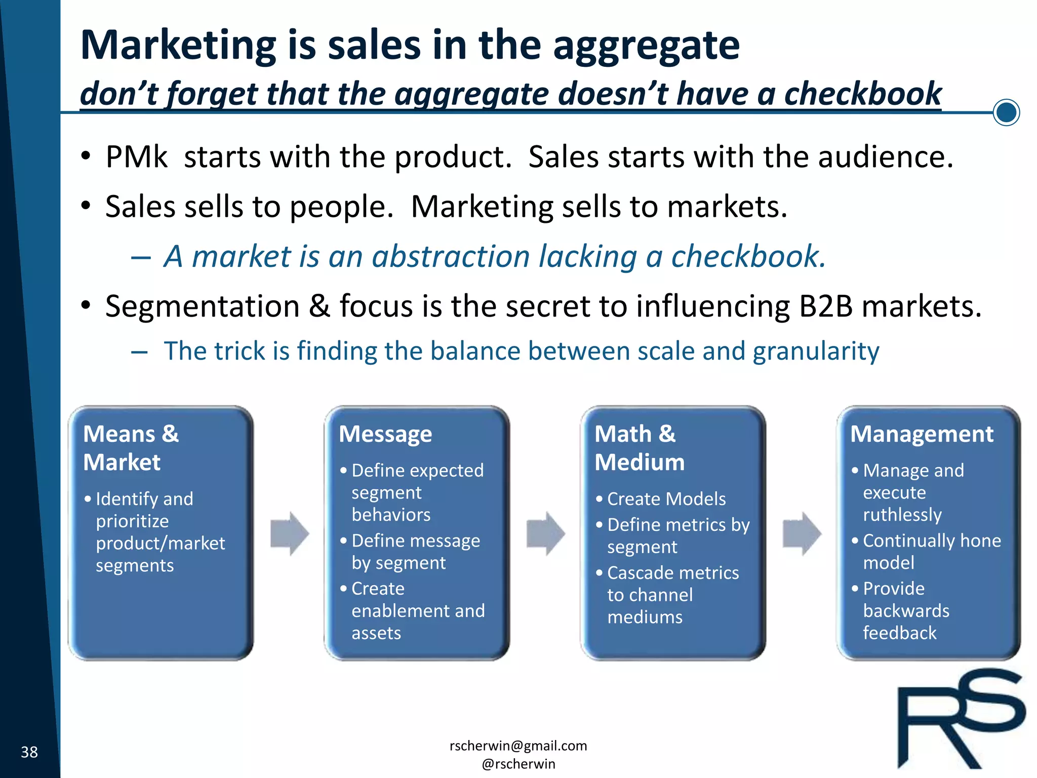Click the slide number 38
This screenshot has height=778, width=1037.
tap(29, 752)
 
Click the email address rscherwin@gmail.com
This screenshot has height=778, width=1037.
tap(518, 746)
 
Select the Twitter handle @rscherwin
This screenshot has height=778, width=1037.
tap(518, 764)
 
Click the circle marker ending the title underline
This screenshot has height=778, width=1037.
tap(1006, 112)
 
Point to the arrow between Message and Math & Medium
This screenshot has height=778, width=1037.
tap(546, 533)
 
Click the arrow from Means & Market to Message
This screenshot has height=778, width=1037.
tap(290, 533)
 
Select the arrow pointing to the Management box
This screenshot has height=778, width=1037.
tap(802, 533)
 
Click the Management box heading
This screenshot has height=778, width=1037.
tap(922, 435)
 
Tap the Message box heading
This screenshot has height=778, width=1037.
tap(385, 435)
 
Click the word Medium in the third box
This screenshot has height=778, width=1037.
tap(640, 462)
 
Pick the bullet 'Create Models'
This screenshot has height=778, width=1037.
tap(666, 499)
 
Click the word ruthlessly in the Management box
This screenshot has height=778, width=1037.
tap(902, 515)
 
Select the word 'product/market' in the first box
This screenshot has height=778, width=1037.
tap(161, 543)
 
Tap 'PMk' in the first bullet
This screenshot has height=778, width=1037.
tap(136, 157)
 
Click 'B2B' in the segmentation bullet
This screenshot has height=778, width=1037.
tap(826, 306)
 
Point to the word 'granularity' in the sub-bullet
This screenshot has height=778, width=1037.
tap(816, 351)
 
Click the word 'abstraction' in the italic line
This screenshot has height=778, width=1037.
tap(451, 256)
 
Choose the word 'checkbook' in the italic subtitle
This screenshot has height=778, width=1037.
tap(863, 94)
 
